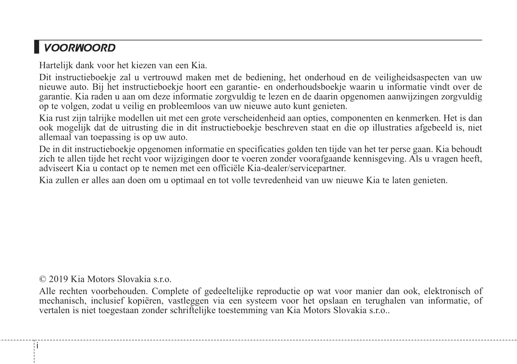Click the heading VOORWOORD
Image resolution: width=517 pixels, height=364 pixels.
[x=80, y=48]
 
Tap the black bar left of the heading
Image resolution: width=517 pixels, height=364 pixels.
[x=37, y=47]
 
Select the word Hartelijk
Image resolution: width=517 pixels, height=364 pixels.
[x=56, y=65]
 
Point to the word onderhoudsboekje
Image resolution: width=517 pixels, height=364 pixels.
[x=311, y=87]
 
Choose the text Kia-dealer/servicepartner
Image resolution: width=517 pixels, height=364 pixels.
[x=296, y=168]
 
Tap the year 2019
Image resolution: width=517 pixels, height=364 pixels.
[x=58, y=279]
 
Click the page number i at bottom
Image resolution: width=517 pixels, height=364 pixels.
[x=37, y=346]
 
